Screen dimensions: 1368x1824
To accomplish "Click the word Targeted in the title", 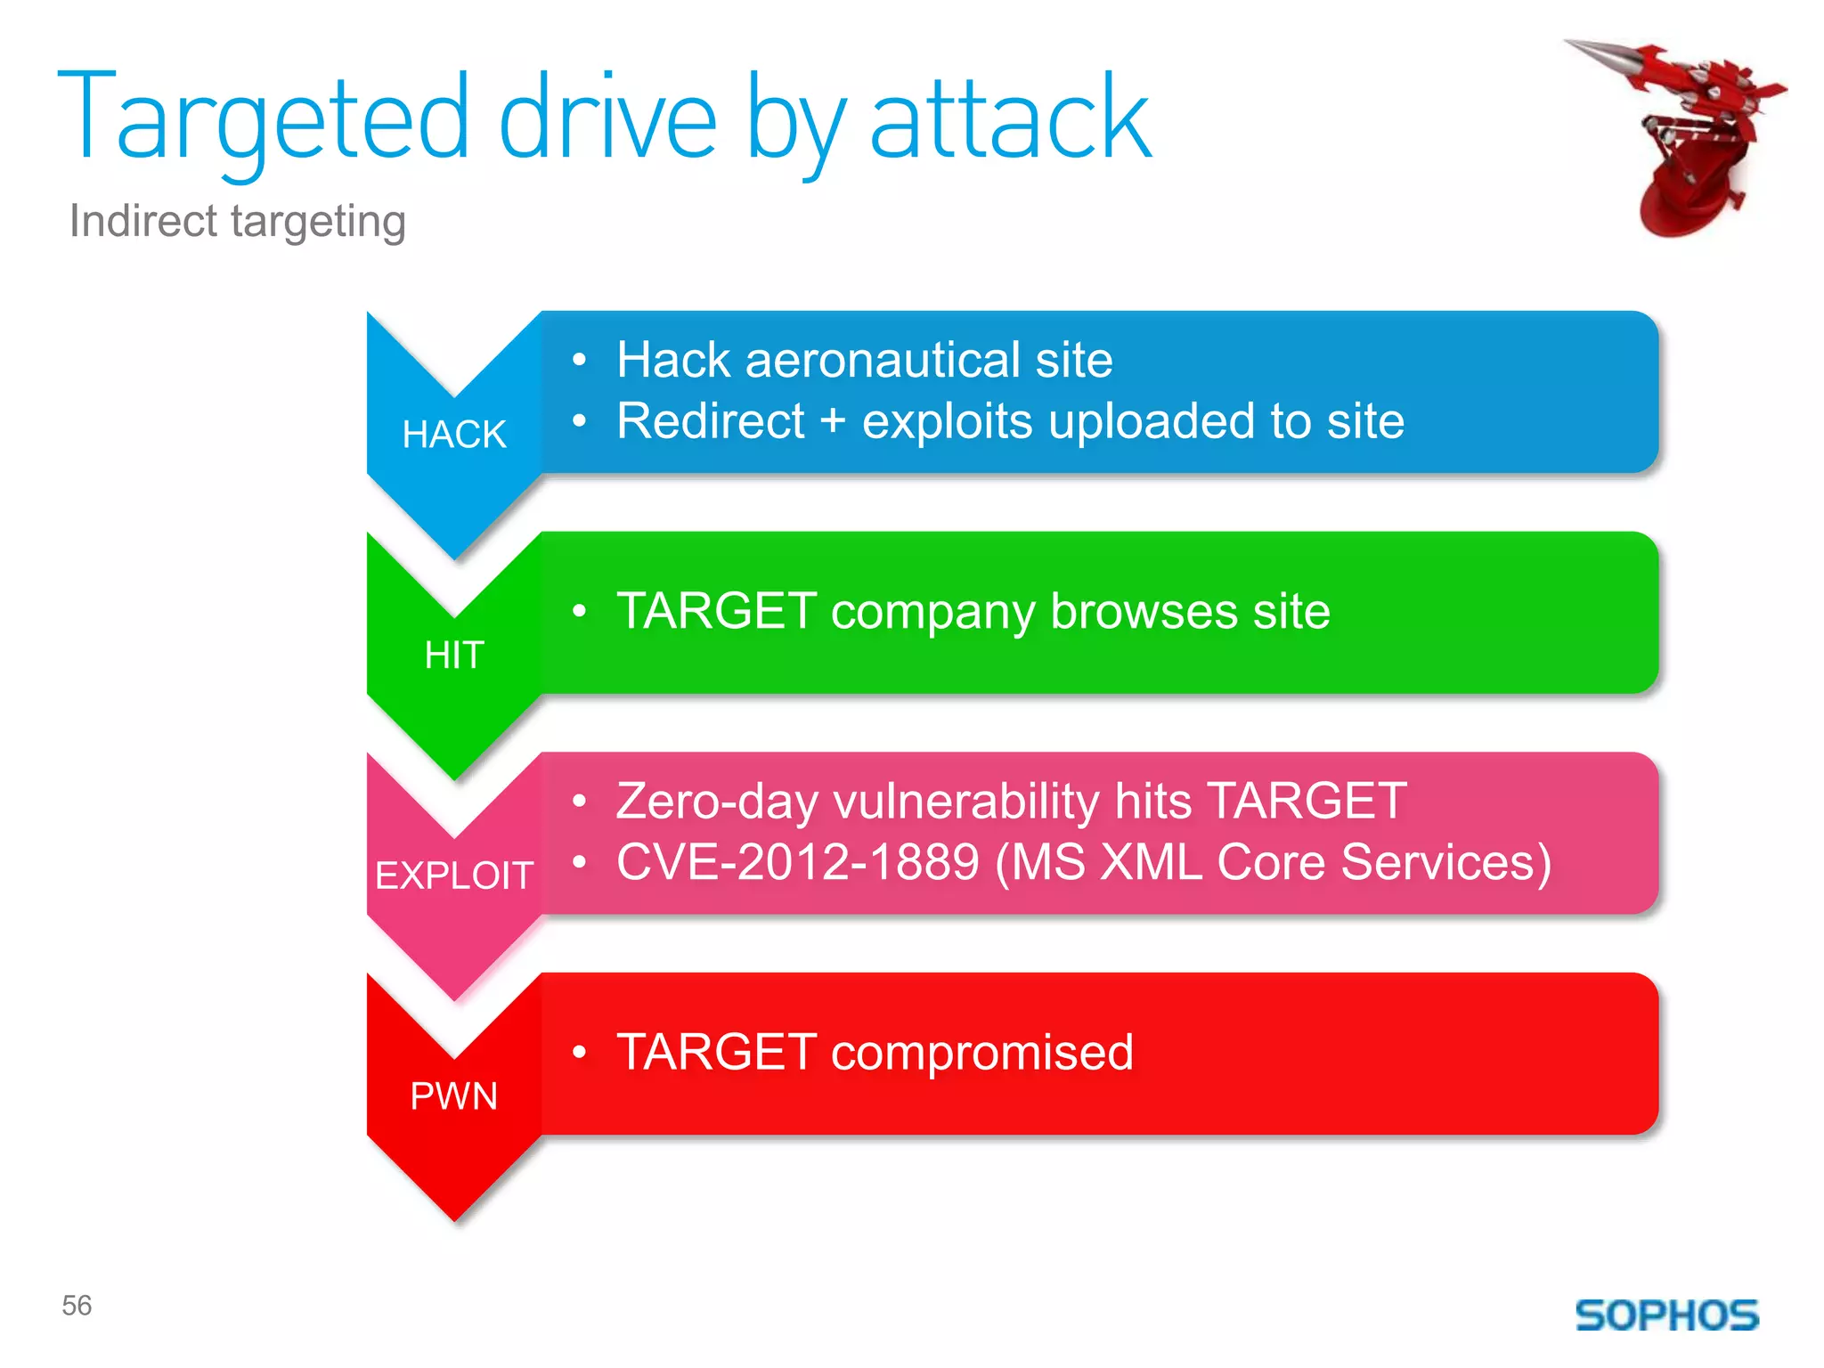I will [263, 120].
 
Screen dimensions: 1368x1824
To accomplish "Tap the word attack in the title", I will [1010, 120].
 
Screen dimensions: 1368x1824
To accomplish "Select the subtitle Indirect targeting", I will [238, 221].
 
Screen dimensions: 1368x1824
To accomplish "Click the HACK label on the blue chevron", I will [454, 435].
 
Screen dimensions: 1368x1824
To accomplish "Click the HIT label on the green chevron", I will [454, 655].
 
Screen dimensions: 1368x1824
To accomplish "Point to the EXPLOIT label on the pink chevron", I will [454, 875].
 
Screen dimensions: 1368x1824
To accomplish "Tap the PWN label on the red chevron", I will [454, 1096].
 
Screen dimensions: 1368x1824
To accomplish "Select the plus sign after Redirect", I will [833, 421].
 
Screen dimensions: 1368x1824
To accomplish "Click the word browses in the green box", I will [1144, 612].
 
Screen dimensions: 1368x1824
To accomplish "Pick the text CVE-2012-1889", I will [798, 862].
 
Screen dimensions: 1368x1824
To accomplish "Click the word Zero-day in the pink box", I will [716, 801].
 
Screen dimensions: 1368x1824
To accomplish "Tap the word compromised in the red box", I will [981, 1053].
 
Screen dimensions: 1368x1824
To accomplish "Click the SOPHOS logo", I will [1666, 1315].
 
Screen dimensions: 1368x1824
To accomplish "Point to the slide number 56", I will [77, 1306].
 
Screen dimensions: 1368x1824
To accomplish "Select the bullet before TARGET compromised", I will [580, 1053].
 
